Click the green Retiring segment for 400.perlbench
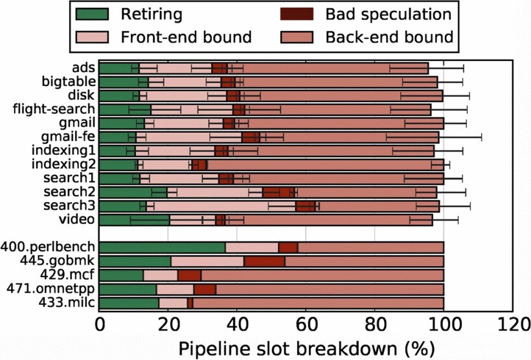pos(162,247)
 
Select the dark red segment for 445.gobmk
pos(265,261)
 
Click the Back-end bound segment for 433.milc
pos(318,302)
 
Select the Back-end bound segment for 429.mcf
pos(322,275)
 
